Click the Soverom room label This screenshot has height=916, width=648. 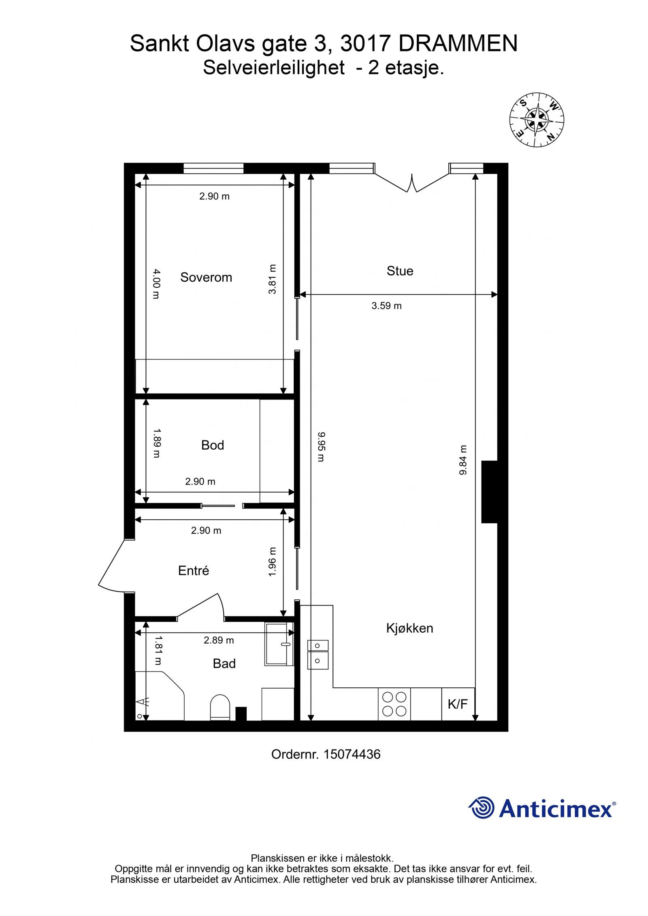(206, 277)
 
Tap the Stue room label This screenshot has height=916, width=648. (400, 271)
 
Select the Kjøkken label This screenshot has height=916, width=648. (409, 628)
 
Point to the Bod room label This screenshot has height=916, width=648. (212, 445)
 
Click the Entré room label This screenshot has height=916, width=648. (193, 570)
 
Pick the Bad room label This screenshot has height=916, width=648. (224, 663)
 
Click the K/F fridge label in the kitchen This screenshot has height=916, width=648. (457, 704)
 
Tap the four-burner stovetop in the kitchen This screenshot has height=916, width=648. (394, 704)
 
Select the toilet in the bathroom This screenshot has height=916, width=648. (220, 707)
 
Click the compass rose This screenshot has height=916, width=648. (536, 119)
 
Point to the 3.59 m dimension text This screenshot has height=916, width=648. (386, 306)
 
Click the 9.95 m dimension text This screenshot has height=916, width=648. (321, 446)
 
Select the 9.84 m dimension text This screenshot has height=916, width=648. (463, 460)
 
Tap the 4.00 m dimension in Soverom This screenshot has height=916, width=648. (156, 284)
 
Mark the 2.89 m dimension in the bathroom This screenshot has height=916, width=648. (219, 640)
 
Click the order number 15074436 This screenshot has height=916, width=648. (352, 754)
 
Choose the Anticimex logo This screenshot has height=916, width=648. (542, 808)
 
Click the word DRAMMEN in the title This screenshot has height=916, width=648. (458, 43)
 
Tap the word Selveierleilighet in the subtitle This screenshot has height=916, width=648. (274, 67)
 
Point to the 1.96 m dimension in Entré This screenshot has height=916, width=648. (272, 562)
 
